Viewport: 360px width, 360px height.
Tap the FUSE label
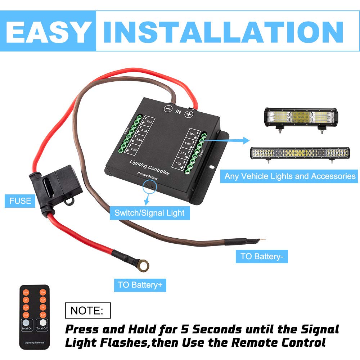click(21, 201)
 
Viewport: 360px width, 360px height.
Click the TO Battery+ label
click(140, 285)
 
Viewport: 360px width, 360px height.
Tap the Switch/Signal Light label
click(149, 213)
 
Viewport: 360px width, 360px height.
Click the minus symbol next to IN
click(167, 108)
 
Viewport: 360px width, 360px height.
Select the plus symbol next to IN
click(189, 114)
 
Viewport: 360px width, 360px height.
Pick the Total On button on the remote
click(27, 324)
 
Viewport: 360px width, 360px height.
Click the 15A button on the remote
click(42, 293)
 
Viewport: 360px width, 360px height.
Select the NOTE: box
click(87, 310)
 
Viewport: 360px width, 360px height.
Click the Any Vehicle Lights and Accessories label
click(290, 176)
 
